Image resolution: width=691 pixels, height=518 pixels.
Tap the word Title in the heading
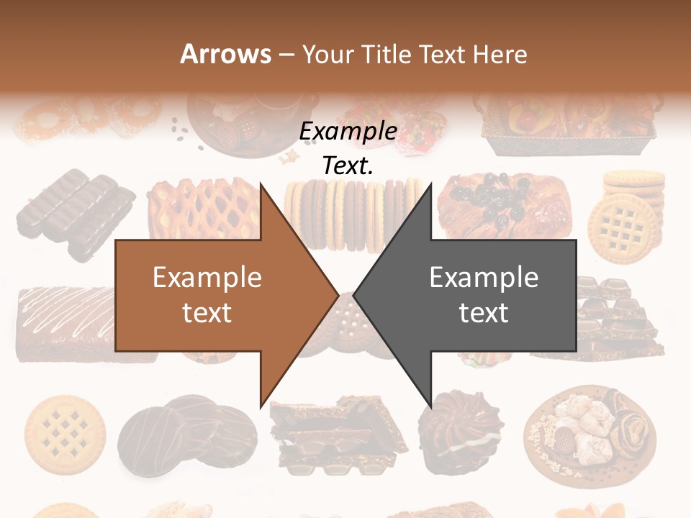coord(388,54)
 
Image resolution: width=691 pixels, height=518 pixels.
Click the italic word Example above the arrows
coord(348,132)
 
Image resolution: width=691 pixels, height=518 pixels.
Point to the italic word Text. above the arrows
coord(348,166)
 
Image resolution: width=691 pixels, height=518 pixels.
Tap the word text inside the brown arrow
coord(207,313)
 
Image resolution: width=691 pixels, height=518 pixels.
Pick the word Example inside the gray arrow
coord(484,278)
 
